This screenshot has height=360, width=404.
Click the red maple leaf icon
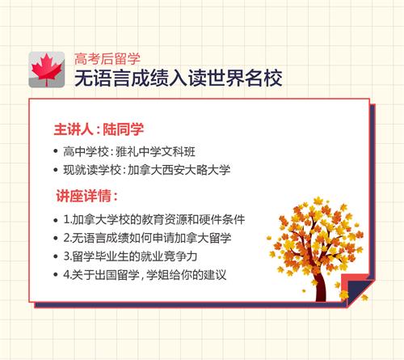(x=47, y=70)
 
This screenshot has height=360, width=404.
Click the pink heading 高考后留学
(x=107, y=59)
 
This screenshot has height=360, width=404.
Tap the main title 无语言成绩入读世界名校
(x=179, y=78)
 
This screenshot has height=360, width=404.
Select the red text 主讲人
(x=74, y=129)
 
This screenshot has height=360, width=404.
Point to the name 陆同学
(x=124, y=129)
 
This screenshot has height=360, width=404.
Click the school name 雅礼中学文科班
(x=155, y=152)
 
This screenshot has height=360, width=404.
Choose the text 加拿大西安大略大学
(x=179, y=170)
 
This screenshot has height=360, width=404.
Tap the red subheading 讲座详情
(x=83, y=196)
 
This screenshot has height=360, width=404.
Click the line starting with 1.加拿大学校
(x=154, y=219)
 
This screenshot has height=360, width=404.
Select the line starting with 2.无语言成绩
(x=147, y=238)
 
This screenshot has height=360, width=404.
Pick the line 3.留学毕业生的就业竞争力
(x=130, y=256)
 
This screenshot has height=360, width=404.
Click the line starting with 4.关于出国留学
(x=145, y=275)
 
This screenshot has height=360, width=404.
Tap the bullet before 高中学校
(x=56, y=151)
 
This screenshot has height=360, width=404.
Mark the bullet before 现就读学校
(x=56, y=170)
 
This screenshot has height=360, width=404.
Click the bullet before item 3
(x=56, y=256)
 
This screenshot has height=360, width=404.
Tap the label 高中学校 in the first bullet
(x=86, y=152)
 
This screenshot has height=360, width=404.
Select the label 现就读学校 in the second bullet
(x=92, y=170)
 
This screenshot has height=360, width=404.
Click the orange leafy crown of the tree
(x=317, y=237)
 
